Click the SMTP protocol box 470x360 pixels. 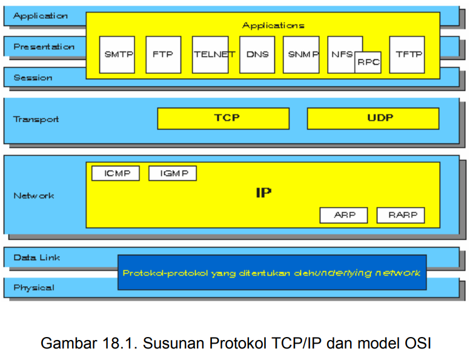click(117, 54)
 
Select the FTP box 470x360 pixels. click(163, 54)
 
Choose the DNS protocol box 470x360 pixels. click(257, 54)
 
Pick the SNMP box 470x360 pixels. click(301, 54)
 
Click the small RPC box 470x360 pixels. click(368, 62)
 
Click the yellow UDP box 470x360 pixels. click(372, 119)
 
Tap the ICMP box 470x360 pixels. click(115, 174)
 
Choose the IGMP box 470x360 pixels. click(173, 174)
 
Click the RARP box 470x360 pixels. click(400, 215)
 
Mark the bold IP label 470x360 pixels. click(263, 194)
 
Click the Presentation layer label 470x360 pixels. click(44, 47)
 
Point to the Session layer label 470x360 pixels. click(33, 77)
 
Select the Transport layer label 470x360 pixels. click(36, 119)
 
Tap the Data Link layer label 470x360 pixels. click(37, 258)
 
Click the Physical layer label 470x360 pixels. click(34, 287)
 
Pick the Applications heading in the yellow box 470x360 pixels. click(273, 25)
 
